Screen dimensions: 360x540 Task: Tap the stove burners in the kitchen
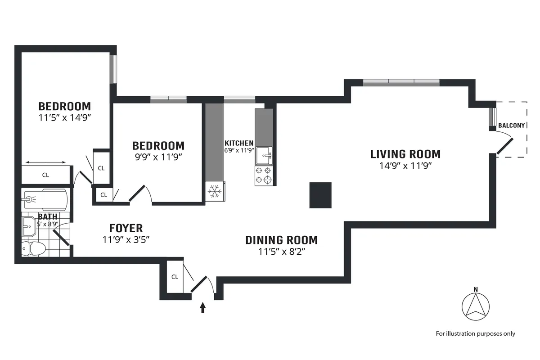click(x=264, y=175)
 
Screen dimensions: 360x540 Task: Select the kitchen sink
click(x=264, y=156)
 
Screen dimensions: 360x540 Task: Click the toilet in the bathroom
click(x=34, y=248)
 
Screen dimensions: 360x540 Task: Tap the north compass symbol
click(x=476, y=306)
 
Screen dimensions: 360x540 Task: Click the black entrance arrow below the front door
click(x=202, y=307)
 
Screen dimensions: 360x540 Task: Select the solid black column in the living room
click(x=320, y=195)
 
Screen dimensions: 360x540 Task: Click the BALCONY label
click(x=511, y=126)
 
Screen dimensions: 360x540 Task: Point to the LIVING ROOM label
click(x=405, y=154)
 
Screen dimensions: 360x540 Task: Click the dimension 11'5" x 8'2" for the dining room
click(x=282, y=252)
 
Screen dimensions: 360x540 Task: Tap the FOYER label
click(x=126, y=228)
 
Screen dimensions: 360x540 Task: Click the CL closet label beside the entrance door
click(x=175, y=277)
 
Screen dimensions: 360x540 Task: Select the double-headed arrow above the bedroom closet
click(x=46, y=162)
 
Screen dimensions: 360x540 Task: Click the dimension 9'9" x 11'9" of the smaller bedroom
click(x=158, y=157)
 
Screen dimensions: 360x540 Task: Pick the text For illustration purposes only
click(x=475, y=333)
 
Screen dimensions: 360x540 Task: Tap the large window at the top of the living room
click(x=401, y=82)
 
